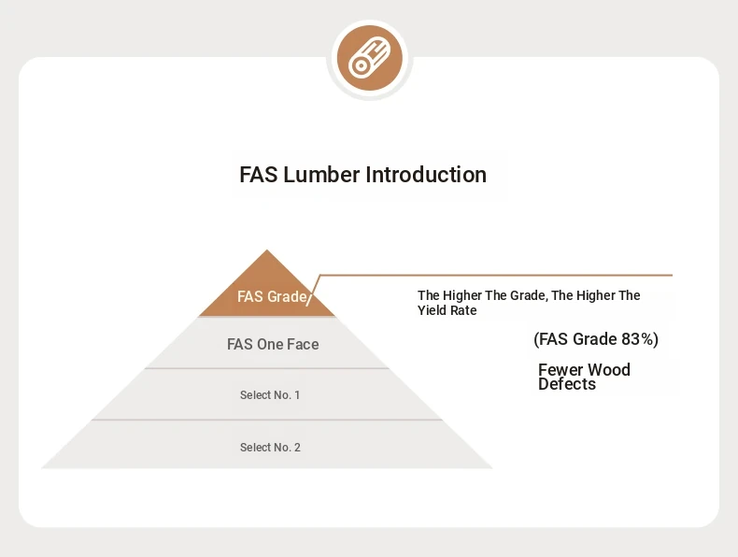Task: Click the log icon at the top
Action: click(x=370, y=58)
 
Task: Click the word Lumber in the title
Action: click(x=321, y=175)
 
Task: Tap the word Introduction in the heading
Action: click(x=426, y=175)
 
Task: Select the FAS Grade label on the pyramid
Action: click(x=272, y=296)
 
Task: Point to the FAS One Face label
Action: click(x=273, y=344)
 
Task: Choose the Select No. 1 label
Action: click(x=270, y=395)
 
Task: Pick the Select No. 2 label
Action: click(x=270, y=448)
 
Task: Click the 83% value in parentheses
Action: click(x=635, y=339)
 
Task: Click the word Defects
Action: click(x=567, y=384)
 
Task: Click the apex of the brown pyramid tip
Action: click(x=267, y=250)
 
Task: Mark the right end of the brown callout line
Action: click(x=672, y=275)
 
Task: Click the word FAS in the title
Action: click(x=259, y=175)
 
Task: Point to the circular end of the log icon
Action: click(x=361, y=66)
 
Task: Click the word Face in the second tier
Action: click(x=303, y=344)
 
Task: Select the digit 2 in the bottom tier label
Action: click(x=297, y=448)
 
